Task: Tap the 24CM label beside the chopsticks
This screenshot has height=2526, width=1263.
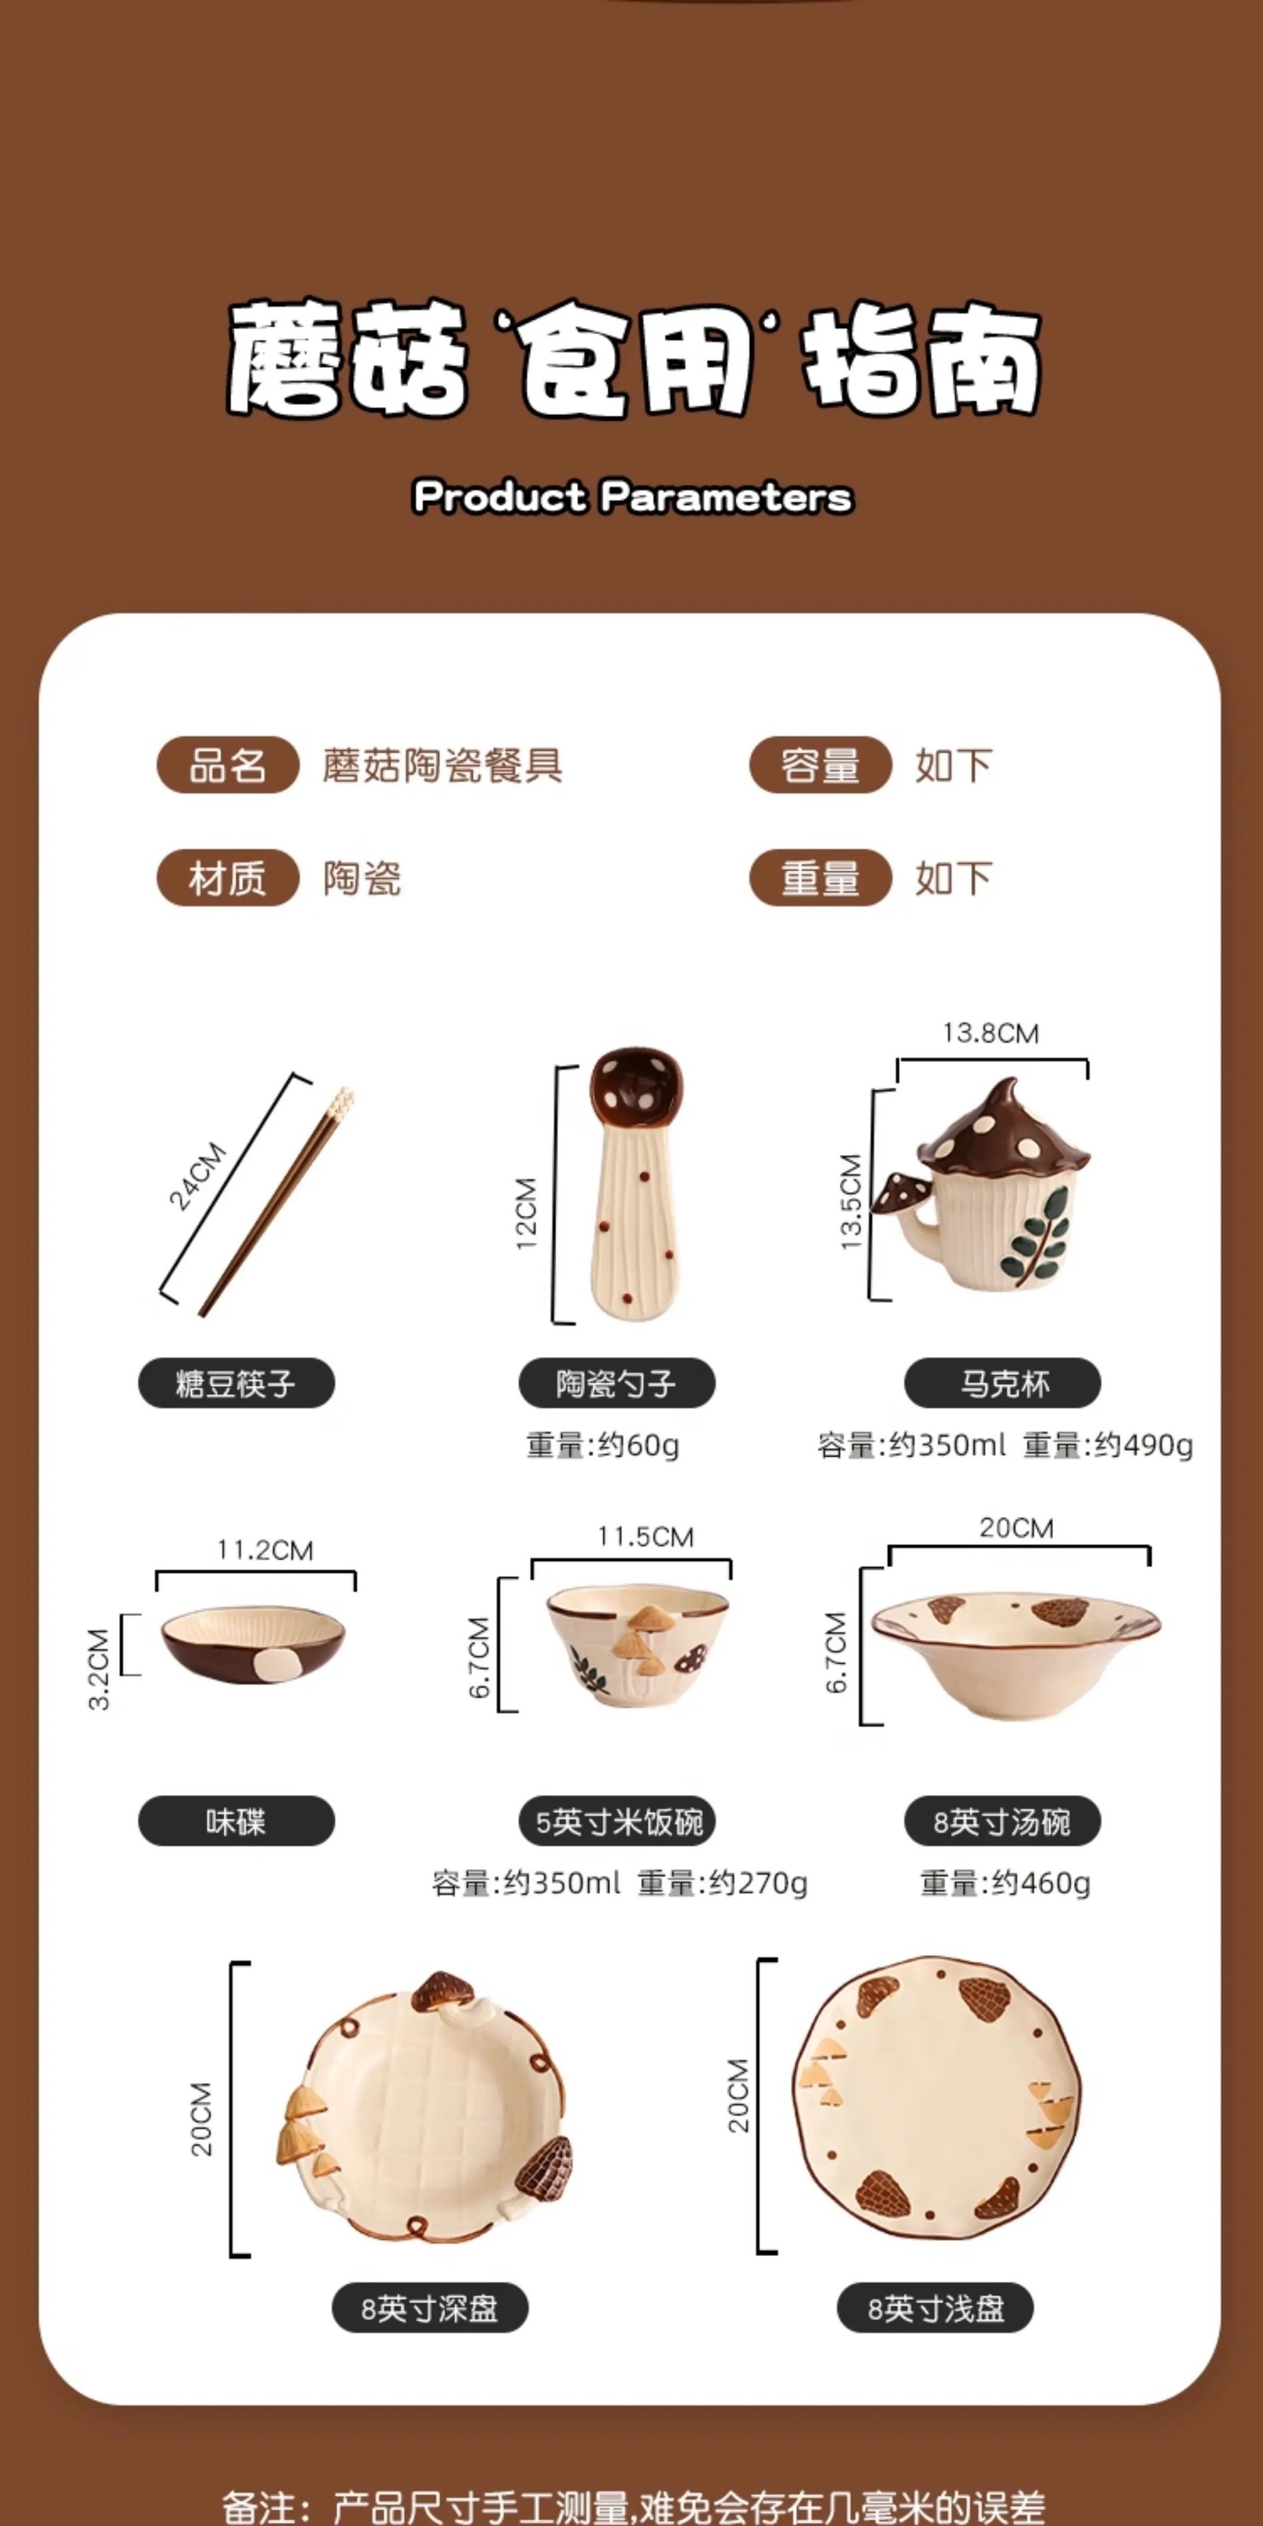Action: click(197, 1176)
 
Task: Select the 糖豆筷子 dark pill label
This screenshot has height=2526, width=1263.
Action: click(236, 1383)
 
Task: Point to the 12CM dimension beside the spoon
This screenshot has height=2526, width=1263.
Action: click(527, 1213)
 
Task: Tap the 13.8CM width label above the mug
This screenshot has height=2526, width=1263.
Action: click(990, 1034)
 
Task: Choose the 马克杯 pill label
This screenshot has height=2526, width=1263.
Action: click(1002, 1383)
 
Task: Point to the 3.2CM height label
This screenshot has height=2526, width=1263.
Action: click(99, 1669)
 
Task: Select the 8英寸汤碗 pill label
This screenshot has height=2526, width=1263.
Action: click(1002, 1822)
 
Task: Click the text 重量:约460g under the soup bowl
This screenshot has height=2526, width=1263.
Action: click(1005, 1884)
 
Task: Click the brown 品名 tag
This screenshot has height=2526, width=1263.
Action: click(227, 765)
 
